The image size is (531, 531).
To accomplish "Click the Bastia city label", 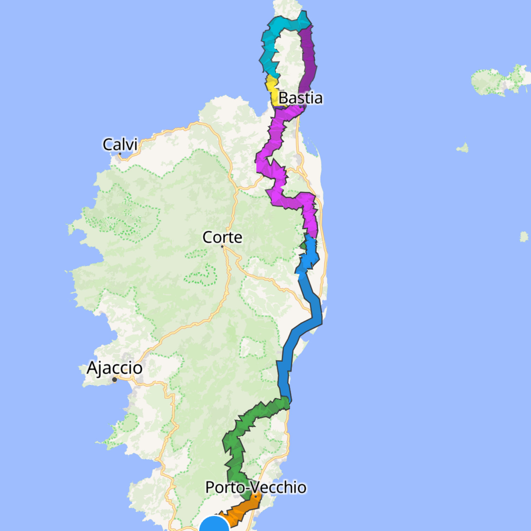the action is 300,98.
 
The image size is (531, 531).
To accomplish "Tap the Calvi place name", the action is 120,144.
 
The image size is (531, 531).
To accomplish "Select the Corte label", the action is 222,237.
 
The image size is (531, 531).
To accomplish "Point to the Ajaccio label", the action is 114,368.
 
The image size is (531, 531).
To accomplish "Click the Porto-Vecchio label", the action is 256,487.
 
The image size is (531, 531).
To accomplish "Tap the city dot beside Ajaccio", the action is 114,380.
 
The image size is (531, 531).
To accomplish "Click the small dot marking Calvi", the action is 120,153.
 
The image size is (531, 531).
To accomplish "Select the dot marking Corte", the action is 222,247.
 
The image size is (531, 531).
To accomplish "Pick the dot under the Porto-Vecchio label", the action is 256,497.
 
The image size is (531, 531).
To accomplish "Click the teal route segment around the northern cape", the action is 270,46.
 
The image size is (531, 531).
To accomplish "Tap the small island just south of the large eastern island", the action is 463,148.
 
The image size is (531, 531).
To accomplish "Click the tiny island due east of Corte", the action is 524,237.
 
